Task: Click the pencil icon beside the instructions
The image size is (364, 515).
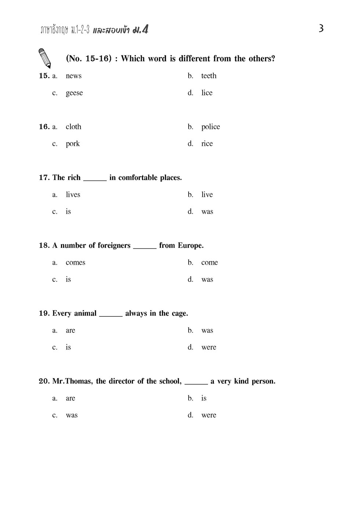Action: coord(44,58)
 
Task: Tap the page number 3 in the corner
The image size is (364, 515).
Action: coord(321,28)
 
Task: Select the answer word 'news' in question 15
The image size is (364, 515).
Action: coord(73,76)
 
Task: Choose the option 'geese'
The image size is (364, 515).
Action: coord(74,93)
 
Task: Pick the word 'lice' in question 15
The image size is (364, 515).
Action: coord(207,93)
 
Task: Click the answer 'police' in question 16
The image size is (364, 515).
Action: coord(210,127)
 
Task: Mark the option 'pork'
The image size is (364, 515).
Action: coord(73,144)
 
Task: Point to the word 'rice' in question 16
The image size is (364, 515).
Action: coord(207,144)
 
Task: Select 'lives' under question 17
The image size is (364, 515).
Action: coord(73,195)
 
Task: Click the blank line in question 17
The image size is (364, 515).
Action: coord(95,179)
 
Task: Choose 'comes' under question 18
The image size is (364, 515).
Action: coord(75,262)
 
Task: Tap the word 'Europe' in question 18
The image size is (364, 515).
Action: coord(190,246)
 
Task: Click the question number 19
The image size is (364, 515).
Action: coord(44,313)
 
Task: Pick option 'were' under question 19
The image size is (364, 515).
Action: coord(208,347)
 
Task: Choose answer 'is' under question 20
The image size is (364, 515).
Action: coord(204,398)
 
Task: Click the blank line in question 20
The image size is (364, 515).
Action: coord(196,383)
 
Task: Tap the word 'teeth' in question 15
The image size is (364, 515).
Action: coord(208,76)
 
